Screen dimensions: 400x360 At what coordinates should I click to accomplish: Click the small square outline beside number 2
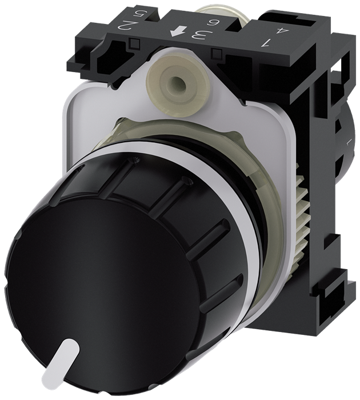tap(135, 42)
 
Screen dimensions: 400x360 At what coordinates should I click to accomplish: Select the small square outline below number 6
tap(217, 54)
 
